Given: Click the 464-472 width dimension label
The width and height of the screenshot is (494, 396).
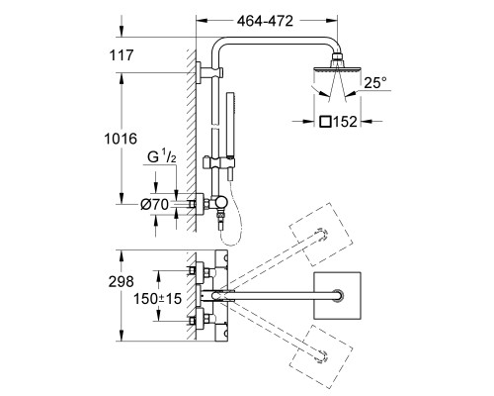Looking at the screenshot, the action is pyautogui.click(x=265, y=21).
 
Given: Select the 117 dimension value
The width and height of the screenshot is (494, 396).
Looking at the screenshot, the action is pyautogui.click(x=122, y=55).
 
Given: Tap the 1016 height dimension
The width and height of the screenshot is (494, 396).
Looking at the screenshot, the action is pyautogui.click(x=121, y=139).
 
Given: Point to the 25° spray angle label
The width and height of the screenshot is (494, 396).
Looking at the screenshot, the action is pyautogui.click(x=375, y=82).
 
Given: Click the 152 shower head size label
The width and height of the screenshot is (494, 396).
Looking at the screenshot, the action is pyautogui.click(x=345, y=122).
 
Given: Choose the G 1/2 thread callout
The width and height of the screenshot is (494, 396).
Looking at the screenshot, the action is pyautogui.click(x=162, y=157).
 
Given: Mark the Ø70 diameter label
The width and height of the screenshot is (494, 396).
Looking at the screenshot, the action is pyautogui.click(x=154, y=205).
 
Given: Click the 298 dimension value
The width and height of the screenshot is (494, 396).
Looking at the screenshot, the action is pyautogui.click(x=122, y=281).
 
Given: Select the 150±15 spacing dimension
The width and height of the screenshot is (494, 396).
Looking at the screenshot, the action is pyautogui.click(x=157, y=299).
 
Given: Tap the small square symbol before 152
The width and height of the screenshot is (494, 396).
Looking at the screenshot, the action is pyautogui.click(x=325, y=122).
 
